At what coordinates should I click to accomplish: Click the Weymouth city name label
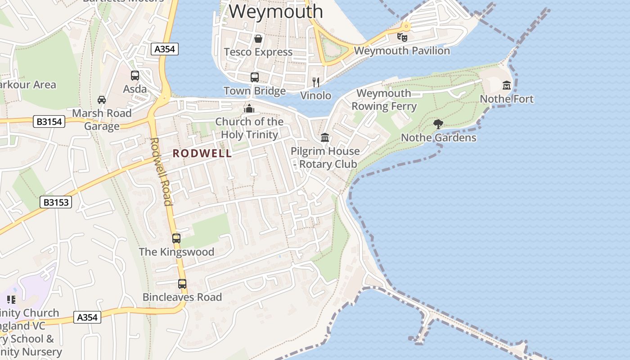pyautogui.click(x=276, y=11)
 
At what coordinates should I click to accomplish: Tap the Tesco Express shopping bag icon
pyautogui.click(x=258, y=39)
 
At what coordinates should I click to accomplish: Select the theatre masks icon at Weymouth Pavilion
pyautogui.click(x=402, y=37)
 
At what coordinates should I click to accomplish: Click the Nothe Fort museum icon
pyautogui.click(x=507, y=85)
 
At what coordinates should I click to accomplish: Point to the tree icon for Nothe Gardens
pyautogui.click(x=438, y=124)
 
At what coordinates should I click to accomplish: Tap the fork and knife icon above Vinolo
pyautogui.click(x=316, y=82)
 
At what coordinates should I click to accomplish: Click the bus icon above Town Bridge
pyautogui.click(x=255, y=77)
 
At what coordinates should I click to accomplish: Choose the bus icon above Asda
pyautogui.click(x=135, y=76)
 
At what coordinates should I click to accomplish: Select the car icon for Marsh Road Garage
pyautogui.click(x=102, y=99)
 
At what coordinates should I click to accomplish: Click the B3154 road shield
pyautogui.click(x=49, y=121)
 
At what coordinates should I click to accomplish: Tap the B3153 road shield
pyautogui.click(x=56, y=202)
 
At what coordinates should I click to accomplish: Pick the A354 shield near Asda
pyautogui.click(x=164, y=49)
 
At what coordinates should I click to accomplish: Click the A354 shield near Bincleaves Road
pyautogui.click(x=87, y=317)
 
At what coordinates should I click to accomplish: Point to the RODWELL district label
pyautogui.click(x=202, y=153)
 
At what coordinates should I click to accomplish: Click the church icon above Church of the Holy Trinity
pyautogui.click(x=249, y=108)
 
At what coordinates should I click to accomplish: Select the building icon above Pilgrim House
pyautogui.click(x=325, y=137)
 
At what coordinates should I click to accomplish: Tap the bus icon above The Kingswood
pyautogui.click(x=176, y=238)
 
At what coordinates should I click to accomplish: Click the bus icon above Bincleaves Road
pyautogui.click(x=182, y=284)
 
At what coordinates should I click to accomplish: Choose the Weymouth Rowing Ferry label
pyautogui.click(x=384, y=99)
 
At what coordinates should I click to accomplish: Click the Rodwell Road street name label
pyautogui.click(x=161, y=171)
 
